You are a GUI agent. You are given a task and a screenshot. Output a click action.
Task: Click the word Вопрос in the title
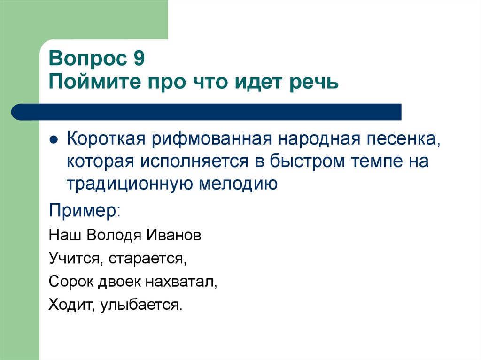point(85,60)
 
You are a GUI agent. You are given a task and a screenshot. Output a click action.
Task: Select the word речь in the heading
point(314,83)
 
